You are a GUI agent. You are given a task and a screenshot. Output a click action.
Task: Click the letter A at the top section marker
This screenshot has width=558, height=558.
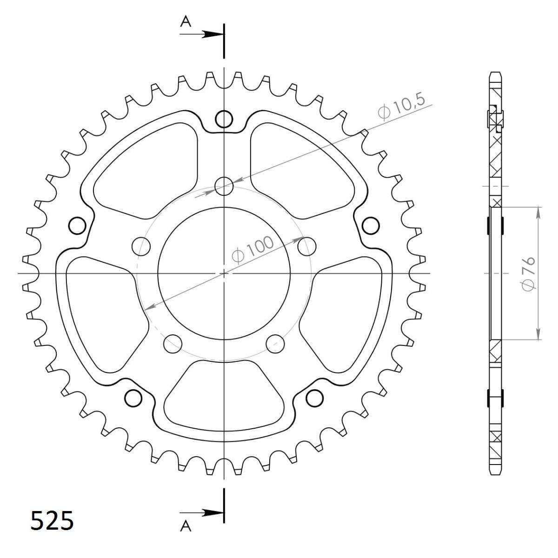point(186,21)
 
